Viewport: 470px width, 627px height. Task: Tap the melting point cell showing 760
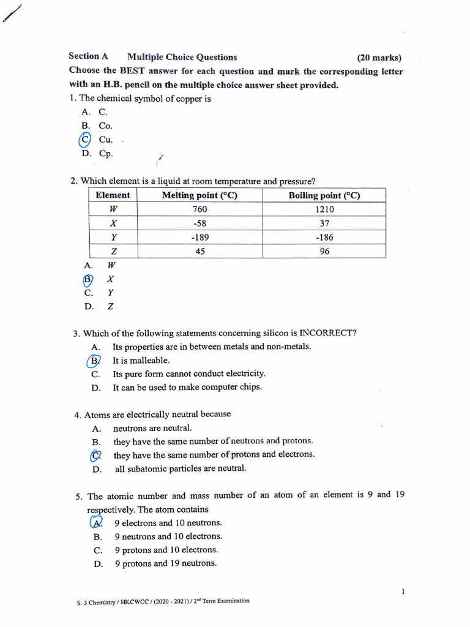[200, 209]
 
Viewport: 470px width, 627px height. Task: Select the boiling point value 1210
[324, 209]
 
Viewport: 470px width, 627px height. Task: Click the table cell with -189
[200, 238]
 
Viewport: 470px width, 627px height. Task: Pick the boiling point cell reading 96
[324, 251]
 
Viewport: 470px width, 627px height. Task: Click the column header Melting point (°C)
[200, 195]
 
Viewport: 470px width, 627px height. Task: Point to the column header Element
[113, 195]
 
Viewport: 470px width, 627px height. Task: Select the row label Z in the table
[113, 251]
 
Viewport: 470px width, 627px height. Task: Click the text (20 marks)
[379, 58]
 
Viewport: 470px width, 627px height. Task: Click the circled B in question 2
[88, 279]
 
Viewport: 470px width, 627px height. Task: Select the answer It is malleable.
[141, 361]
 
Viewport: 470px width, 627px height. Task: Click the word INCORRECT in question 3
[327, 334]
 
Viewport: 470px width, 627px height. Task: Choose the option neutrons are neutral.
[152, 428]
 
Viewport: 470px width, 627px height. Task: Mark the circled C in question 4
[95, 455]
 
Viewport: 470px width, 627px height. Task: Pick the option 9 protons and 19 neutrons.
[165, 563]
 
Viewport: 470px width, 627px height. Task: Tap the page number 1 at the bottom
[403, 591]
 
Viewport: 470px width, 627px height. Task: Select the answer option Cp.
[106, 154]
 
